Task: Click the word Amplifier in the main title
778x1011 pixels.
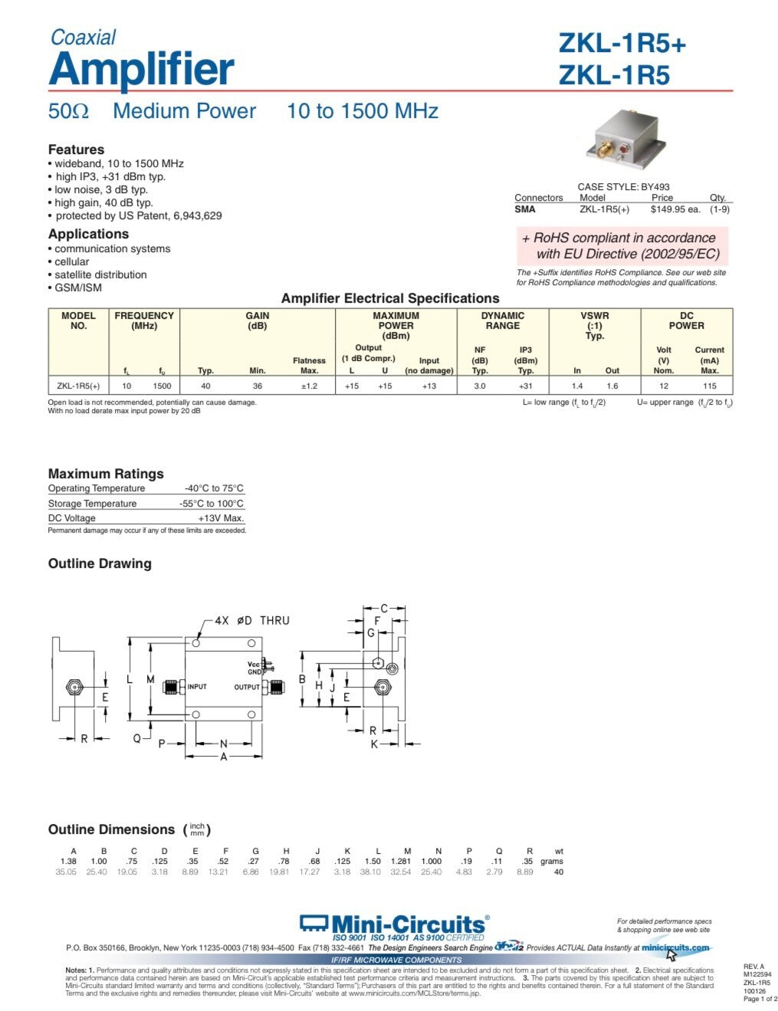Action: [x=141, y=70]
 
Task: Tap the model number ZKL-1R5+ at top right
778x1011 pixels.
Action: [x=622, y=44]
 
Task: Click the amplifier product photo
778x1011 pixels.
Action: [x=626, y=143]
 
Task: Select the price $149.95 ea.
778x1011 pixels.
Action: [x=675, y=209]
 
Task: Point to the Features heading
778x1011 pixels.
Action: [x=76, y=149]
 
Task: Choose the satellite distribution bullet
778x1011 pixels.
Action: [x=100, y=274]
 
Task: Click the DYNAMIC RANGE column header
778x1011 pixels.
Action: [x=502, y=320]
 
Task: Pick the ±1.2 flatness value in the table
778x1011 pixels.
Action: [x=309, y=386]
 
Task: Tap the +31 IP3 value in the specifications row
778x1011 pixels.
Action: [x=525, y=386]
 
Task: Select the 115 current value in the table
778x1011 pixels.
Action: [x=709, y=386]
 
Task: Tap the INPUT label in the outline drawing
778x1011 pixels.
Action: [x=197, y=687]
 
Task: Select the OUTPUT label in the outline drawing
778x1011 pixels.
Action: [x=247, y=688]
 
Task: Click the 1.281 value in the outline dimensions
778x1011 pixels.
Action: [x=407, y=862]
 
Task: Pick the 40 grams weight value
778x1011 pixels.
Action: [x=558, y=871]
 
